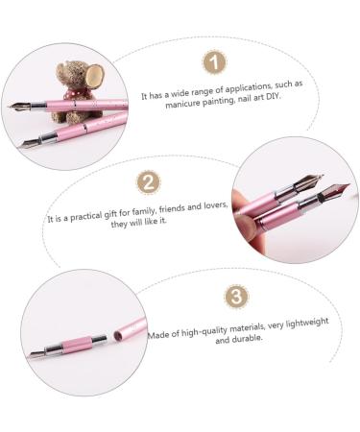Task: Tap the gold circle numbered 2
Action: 148,182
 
